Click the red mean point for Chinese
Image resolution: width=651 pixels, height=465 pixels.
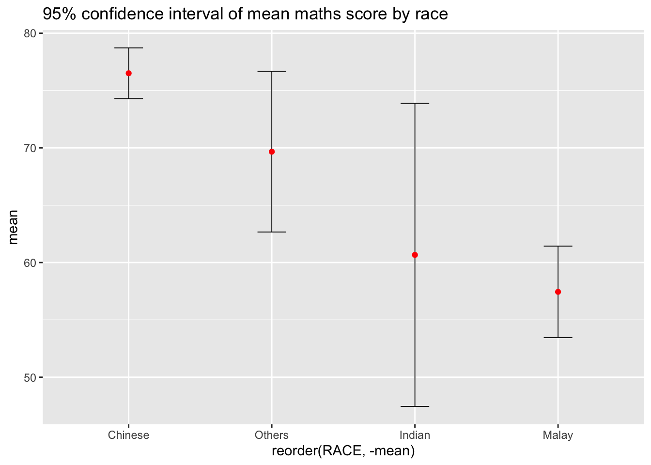[128, 73]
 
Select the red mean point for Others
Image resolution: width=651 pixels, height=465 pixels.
[272, 152]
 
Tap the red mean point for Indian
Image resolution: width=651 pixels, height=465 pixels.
[415, 255]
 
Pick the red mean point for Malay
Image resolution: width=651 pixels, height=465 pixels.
[558, 292]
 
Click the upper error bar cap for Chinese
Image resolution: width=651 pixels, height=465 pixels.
[128, 48]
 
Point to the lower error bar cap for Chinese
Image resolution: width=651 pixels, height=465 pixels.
[128, 98]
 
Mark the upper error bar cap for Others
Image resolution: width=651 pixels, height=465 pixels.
[272, 71]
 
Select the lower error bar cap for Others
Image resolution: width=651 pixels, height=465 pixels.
[272, 232]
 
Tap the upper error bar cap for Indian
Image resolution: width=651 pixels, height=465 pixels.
[415, 103]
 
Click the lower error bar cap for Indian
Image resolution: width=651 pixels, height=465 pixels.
[415, 406]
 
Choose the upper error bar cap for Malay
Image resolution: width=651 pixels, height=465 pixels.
[558, 246]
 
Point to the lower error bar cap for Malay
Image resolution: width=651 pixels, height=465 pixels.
[558, 337]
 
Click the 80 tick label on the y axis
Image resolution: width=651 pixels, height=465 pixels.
[30, 33]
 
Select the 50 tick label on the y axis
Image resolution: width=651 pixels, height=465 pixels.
[30, 377]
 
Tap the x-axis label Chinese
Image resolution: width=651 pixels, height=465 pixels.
[128, 435]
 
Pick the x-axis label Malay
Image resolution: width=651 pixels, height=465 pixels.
[558, 435]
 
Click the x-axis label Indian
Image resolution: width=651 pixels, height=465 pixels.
[415, 435]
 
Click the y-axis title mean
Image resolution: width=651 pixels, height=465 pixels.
[13, 227]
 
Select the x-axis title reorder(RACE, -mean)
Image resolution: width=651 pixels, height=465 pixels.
[343, 451]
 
